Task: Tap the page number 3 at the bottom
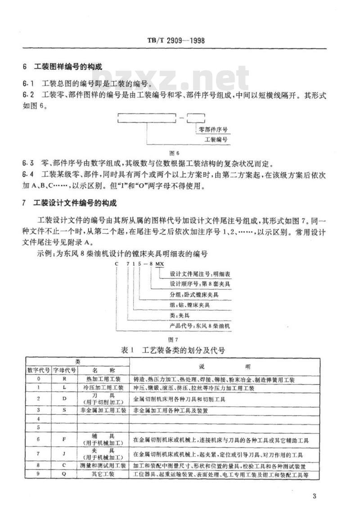pos(314,496)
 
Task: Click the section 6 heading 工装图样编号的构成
pos(68,67)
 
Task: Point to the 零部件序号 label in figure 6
pos(212,129)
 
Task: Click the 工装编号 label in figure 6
pos(216,140)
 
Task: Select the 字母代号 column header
pos(65,370)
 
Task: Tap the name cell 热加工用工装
pos(103,380)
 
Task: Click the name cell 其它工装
pos(103,475)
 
